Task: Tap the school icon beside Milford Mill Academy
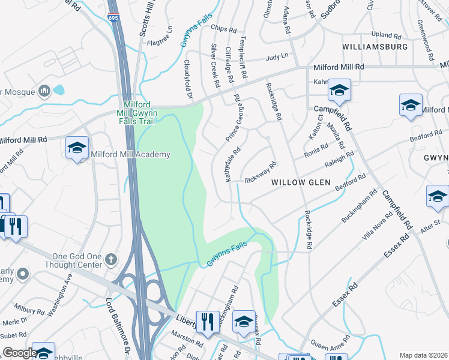pyautogui.click(x=77, y=148)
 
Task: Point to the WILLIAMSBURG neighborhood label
pyautogui.click(x=375, y=46)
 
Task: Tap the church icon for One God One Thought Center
pyautogui.click(x=110, y=259)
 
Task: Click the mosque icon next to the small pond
pyautogui.click(x=44, y=91)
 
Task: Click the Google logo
pyautogui.click(x=19, y=353)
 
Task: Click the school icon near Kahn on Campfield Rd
pyautogui.click(x=339, y=90)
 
